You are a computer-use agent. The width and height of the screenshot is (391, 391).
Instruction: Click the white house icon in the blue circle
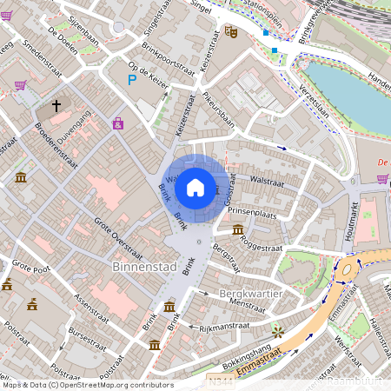click(195, 187)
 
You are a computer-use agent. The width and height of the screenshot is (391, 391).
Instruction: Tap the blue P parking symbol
click(132, 80)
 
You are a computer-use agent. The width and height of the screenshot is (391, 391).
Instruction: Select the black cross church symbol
click(56, 106)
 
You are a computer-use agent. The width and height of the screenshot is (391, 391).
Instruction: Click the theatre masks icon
click(231, 31)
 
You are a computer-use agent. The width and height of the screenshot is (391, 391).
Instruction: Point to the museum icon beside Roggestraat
click(238, 229)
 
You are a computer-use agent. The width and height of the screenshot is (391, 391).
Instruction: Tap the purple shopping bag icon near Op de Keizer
click(117, 124)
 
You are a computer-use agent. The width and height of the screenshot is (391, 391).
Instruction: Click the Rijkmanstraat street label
click(224, 327)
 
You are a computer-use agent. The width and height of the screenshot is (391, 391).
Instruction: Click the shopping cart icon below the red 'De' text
click(382, 179)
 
